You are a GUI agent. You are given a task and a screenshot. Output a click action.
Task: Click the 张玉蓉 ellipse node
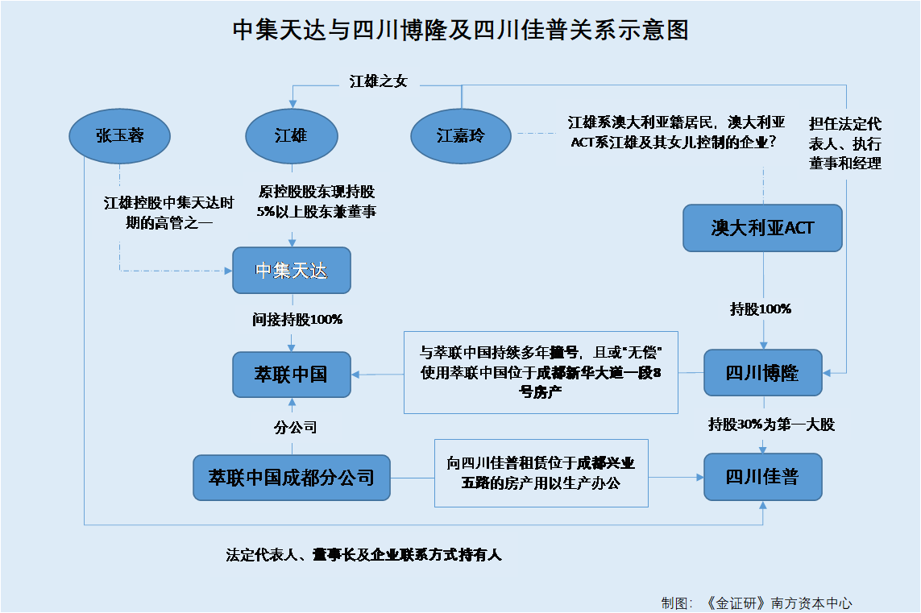(120, 135)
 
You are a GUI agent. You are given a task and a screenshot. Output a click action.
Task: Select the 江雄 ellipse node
(292, 135)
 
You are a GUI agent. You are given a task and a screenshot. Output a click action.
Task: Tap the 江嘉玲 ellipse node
(461, 135)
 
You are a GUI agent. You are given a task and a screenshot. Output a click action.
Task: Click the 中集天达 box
(292, 270)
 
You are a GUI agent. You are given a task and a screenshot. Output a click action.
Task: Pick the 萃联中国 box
(292, 375)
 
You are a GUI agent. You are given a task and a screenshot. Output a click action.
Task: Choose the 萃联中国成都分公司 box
(292, 478)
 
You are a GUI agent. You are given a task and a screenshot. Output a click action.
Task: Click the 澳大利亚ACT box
(762, 228)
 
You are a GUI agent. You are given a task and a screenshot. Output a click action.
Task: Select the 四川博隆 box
(762, 372)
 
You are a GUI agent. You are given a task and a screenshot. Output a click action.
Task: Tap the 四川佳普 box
(762, 476)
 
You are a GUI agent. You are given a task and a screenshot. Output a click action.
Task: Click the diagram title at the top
(461, 30)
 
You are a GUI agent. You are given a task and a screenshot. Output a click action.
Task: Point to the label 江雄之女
(378, 81)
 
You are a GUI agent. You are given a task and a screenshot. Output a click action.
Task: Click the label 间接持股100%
(297, 320)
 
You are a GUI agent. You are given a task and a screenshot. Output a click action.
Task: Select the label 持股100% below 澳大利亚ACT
(761, 309)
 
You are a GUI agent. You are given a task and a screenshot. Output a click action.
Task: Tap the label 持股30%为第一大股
(771, 425)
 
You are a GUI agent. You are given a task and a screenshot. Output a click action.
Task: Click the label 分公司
(296, 428)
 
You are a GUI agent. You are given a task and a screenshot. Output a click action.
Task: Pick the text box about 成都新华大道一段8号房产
(541, 372)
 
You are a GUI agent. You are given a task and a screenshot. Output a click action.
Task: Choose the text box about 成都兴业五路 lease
(541, 473)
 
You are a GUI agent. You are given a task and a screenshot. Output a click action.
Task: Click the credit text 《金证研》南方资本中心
(778, 603)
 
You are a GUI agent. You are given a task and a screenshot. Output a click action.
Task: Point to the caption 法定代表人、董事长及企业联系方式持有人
(363, 555)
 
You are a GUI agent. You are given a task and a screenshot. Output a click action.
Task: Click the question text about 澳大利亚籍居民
(676, 132)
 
